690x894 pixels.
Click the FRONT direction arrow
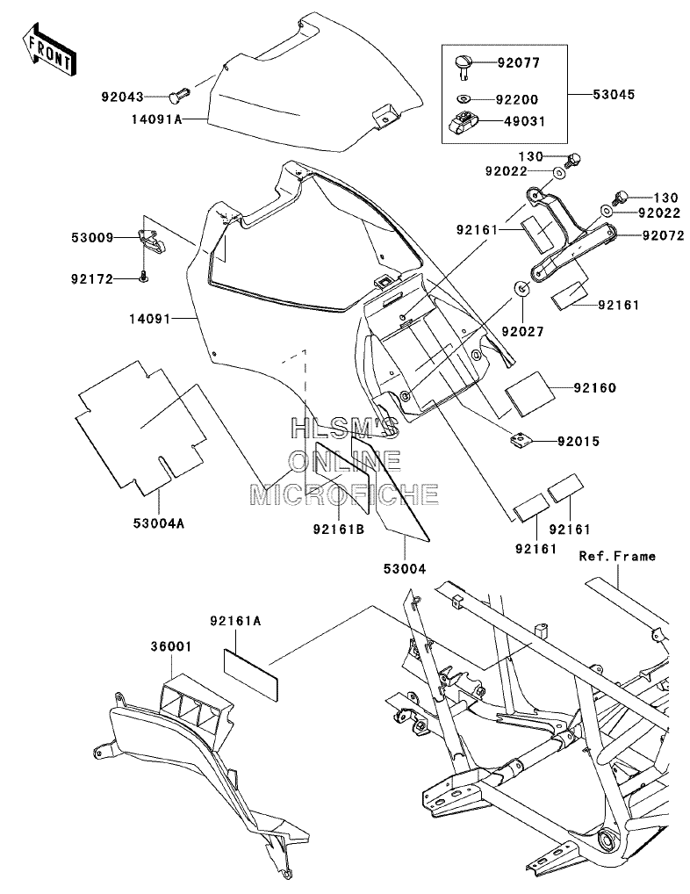(x=49, y=49)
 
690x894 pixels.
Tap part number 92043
(x=123, y=97)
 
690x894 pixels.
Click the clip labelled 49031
(x=467, y=121)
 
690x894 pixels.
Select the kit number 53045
(x=614, y=94)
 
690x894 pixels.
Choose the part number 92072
(x=663, y=235)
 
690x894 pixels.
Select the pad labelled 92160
(x=530, y=394)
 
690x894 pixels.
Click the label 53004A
(x=159, y=523)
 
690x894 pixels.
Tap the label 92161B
(x=339, y=529)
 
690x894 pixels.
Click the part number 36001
(x=171, y=646)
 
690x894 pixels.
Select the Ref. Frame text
(x=617, y=555)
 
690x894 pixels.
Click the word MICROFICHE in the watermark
(x=344, y=494)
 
